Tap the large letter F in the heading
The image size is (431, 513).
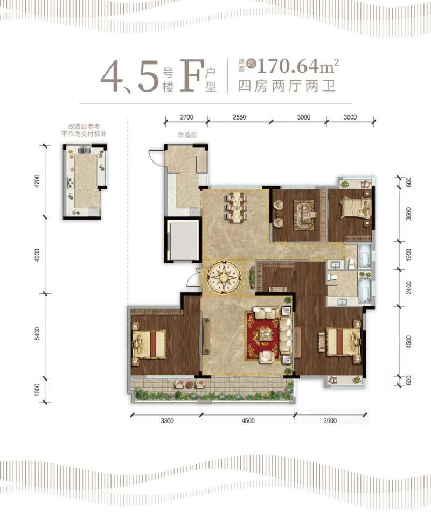190,75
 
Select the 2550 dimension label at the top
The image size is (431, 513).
239,117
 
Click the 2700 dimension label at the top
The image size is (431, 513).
187,117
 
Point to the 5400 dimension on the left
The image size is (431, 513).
37,333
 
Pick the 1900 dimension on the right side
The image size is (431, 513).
408,255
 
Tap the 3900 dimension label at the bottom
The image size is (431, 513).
330,421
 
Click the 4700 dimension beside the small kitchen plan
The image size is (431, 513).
37,182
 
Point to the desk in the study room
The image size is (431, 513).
306,213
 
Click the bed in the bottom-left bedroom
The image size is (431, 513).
149,344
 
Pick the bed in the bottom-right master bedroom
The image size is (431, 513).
340,342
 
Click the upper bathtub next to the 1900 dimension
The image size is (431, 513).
364,256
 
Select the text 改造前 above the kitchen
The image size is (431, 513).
187,135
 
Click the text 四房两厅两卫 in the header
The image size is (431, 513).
287,86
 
